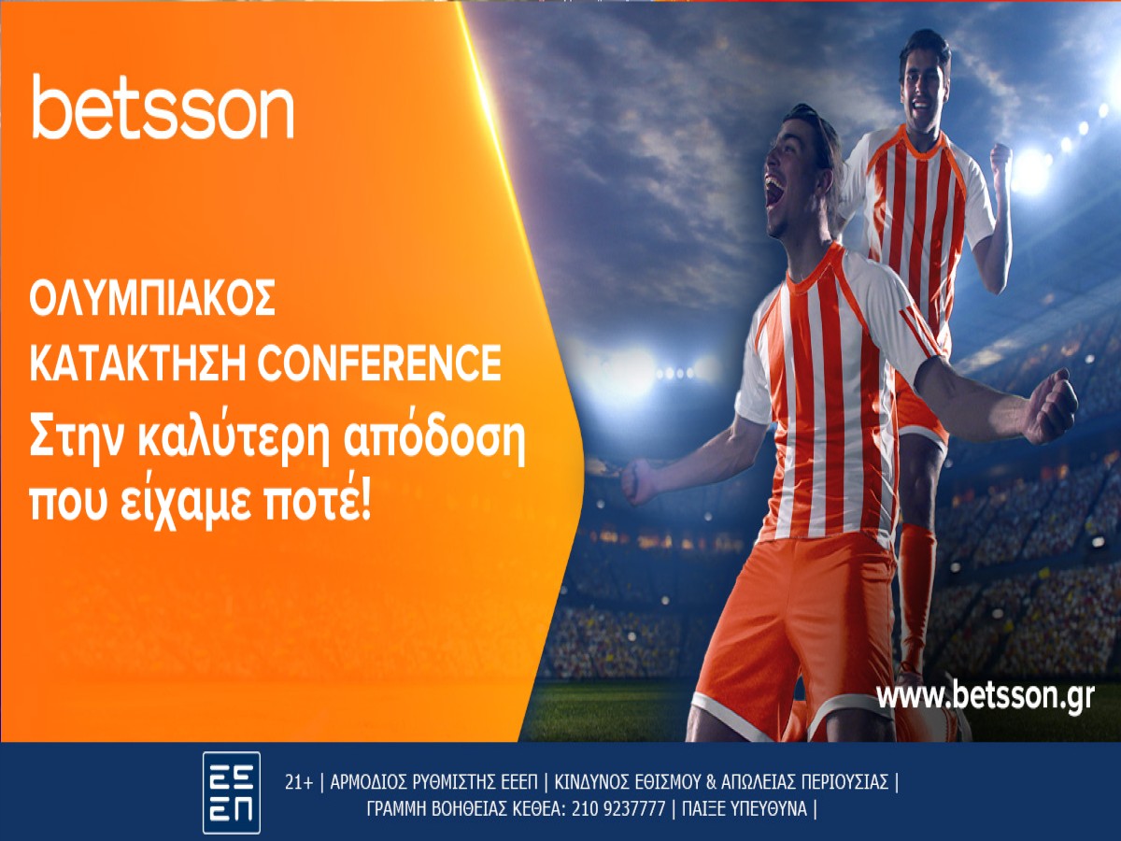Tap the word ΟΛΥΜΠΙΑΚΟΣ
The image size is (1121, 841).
coord(152,300)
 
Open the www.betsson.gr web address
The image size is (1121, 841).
coord(985,696)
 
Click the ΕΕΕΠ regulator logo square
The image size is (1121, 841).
coord(231,792)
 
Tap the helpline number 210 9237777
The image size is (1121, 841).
coord(615,809)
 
